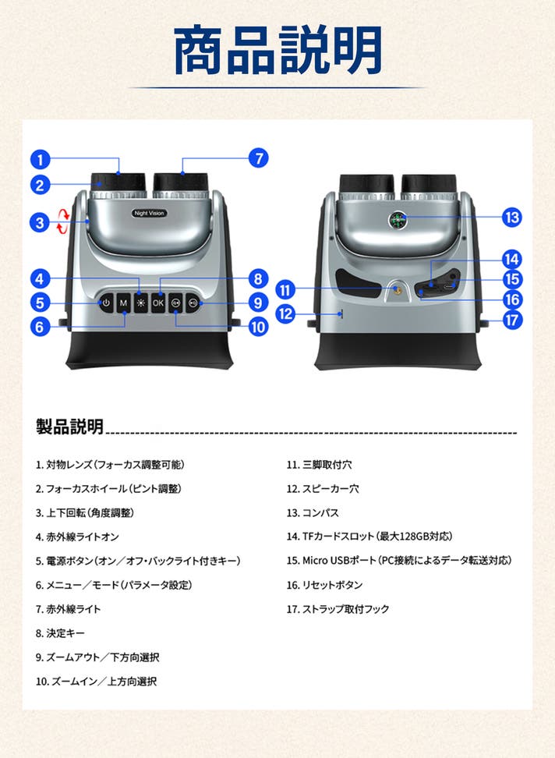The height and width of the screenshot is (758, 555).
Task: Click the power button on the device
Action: click(x=106, y=303)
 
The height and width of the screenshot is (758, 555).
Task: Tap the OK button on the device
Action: click(x=158, y=303)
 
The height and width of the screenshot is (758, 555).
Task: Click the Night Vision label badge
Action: click(x=149, y=213)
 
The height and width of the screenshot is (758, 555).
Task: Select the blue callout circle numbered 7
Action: click(x=259, y=158)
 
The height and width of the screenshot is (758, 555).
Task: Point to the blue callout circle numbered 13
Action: click(x=512, y=217)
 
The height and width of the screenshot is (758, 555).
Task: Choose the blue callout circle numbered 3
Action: click(x=40, y=223)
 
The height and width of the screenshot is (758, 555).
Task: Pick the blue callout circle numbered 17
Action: click(x=512, y=320)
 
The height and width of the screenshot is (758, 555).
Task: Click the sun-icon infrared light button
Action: click(x=140, y=303)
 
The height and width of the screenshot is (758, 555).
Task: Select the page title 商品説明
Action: click(x=277, y=51)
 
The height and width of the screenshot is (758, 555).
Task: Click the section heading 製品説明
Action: click(x=69, y=427)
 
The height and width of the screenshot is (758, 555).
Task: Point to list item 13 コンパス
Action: click(x=313, y=512)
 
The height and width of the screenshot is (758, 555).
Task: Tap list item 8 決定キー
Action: click(x=60, y=632)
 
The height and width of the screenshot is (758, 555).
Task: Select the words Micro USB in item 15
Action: click(x=322, y=560)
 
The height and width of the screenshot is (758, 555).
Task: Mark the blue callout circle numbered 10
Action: click(x=259, y=327)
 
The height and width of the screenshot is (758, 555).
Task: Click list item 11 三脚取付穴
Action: click(x=320, y=465)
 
